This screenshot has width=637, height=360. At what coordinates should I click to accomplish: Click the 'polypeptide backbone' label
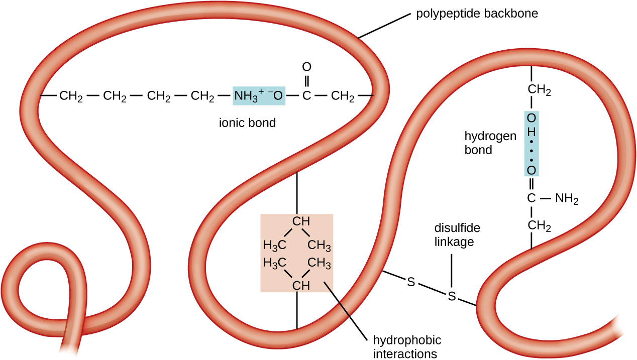477,14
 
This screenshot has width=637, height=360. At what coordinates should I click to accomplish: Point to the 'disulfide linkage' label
457,234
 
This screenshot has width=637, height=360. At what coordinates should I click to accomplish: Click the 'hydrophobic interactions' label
407,346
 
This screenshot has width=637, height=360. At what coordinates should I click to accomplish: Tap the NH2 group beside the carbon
567,199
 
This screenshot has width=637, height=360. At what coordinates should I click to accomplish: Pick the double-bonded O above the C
306,67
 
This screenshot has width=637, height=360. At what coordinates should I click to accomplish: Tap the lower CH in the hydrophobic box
301,286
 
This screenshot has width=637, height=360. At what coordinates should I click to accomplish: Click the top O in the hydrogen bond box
532,118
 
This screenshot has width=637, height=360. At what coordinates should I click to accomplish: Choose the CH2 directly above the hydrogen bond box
539,91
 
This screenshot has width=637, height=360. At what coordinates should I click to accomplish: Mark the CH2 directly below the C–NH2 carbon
539,227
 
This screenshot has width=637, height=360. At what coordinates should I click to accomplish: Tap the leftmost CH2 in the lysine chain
71,95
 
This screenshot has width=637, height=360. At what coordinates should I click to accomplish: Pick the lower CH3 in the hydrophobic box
319,263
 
